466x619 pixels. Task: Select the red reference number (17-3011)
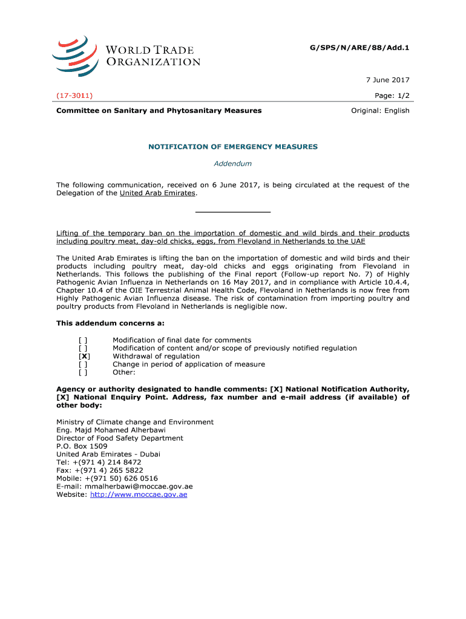74,96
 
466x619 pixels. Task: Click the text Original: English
381,111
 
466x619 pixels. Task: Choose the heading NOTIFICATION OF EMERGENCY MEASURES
233,147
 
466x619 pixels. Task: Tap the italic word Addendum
233,163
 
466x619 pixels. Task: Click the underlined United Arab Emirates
157,193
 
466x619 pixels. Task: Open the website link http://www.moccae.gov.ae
139,494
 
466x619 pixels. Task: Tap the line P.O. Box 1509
82,446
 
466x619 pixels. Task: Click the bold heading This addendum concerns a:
110,323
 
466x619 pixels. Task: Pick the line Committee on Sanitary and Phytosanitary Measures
159,111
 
